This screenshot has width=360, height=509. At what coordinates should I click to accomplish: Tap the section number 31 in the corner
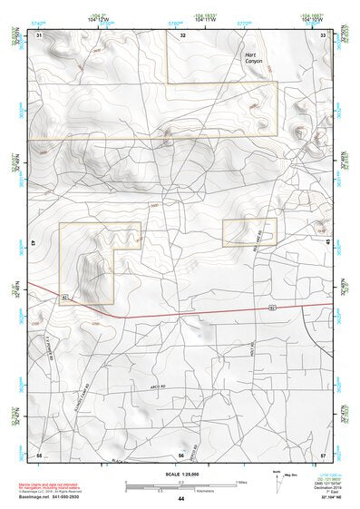click(x=39, y=34)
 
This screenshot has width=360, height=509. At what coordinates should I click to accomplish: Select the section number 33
click(x=323, y=34)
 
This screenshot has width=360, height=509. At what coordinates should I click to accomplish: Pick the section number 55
click(x=39, y=455)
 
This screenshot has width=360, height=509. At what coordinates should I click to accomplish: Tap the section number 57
click(x=323, y=455)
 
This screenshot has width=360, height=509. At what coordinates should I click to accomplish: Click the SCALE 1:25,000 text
click(x=181, y=472)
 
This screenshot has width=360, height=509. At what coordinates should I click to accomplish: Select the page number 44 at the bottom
click(x=181, y=499)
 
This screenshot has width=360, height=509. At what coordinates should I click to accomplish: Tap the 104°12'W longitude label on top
click(x=101, y=18)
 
